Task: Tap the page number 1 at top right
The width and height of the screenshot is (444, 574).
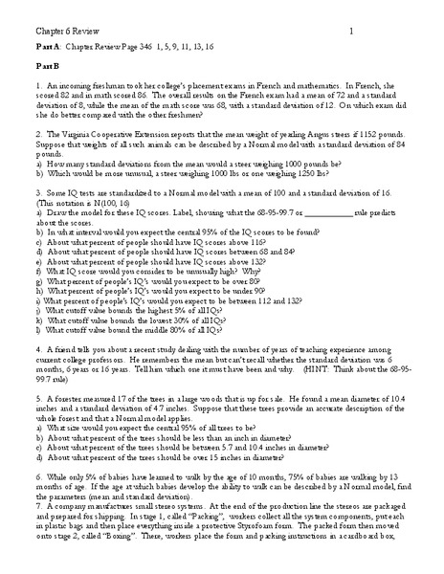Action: coord(351,33)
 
